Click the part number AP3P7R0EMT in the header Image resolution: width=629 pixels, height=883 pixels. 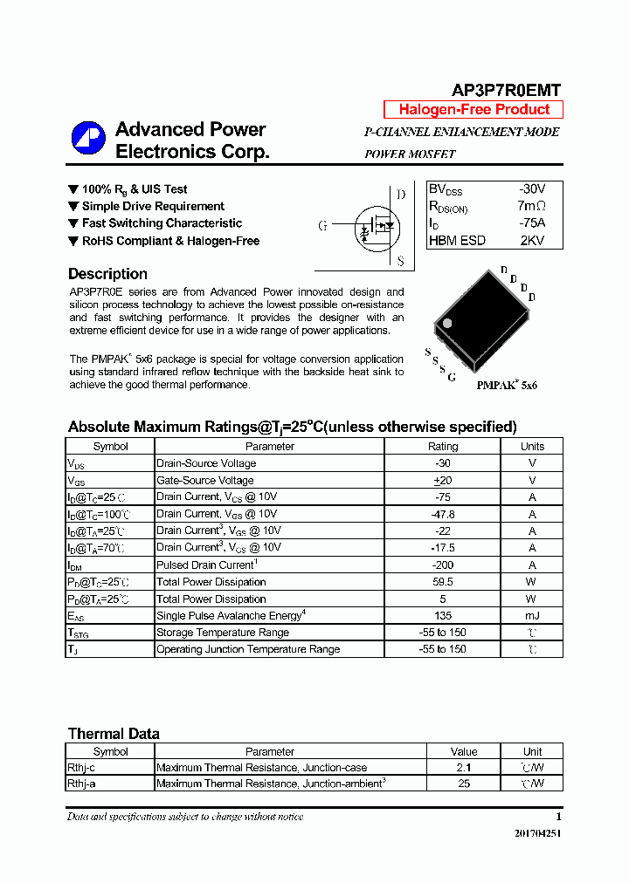[506, 90]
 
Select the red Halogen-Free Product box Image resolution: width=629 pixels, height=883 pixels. [473, 110]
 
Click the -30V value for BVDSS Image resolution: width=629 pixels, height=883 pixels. [531, 189]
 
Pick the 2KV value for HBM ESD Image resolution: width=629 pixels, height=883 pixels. [531, 241]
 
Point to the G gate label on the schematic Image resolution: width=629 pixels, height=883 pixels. [322, 226]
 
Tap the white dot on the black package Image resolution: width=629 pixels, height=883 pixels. [447, 324]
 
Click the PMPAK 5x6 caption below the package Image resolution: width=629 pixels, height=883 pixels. [507, 385]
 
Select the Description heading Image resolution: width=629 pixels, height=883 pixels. [107, 274]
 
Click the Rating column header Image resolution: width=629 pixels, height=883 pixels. [442, 446]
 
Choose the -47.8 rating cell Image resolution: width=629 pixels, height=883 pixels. [442, 514]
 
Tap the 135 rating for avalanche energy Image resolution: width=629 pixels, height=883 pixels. [442, 616]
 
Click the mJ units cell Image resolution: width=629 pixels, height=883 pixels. [531, 616]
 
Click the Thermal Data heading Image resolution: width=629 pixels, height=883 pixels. [114, 734]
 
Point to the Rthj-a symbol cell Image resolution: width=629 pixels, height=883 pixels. [83, 784]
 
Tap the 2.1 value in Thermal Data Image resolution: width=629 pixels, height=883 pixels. [463, 768]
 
